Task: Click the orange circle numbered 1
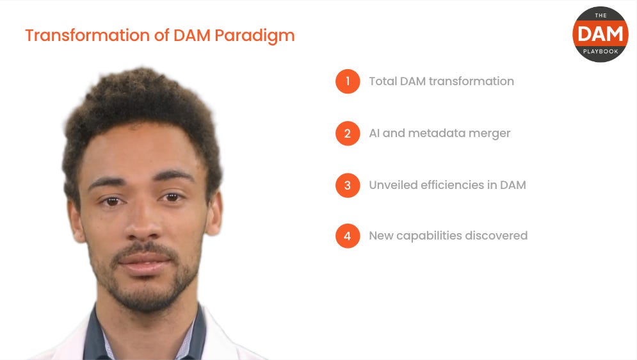[x=348, y=81]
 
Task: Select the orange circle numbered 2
[x=348, y=133]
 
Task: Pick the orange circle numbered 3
[x=348, y=185]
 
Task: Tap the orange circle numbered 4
[x=348, y=236]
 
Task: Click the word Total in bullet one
[x=382, y=81]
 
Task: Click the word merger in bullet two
[x=490, y=134]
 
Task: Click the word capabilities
[x=433, y=236]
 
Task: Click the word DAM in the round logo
[x=601, y=34]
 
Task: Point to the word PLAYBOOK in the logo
[x=601, y=51]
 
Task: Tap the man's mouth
[x=144, y=260]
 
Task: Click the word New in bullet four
[x=381, y=236]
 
